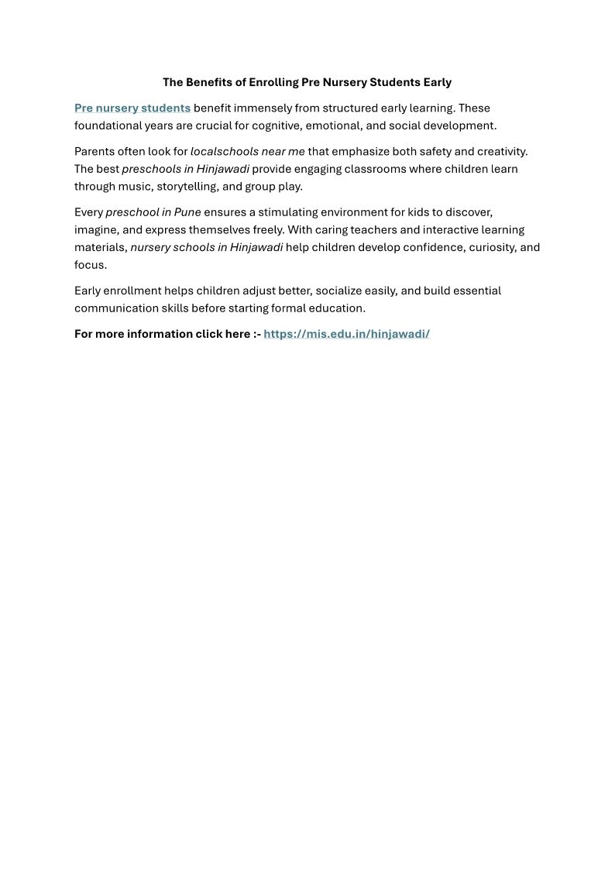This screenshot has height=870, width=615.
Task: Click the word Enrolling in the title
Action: pyautogui.click(x=273, y=82)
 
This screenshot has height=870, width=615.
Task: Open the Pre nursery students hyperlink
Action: pyautogui.click(x=132, y=108)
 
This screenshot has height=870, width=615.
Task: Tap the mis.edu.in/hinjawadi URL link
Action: pyautogui.click(x=346, y=334)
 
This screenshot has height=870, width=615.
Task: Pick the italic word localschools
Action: pyautogui.click(x=224, y=152)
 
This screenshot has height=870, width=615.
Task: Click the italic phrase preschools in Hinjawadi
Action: pyautogui.click(x=185, y=169)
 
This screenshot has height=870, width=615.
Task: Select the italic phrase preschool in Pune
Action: pyautogui.click(x=153, y=212)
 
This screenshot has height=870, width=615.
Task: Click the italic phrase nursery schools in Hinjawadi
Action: pyautogui.click(x=207, y=248)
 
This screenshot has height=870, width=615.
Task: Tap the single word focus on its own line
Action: pyautogui.click(x=90, y=265)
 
